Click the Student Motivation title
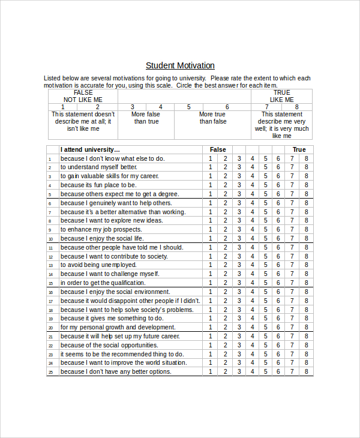click(180, 65)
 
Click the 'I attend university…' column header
click(90, 149)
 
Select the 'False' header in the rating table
click(218, 149)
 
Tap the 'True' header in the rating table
click(299, 149)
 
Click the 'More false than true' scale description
click(146, 118)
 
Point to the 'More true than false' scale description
click(212, 118)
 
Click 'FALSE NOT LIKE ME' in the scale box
click(83, 96)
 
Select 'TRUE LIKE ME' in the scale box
click(281, 96)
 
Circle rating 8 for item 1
click(306, 159)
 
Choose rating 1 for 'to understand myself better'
click(210, 167)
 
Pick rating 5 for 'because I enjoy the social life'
click(265, 238)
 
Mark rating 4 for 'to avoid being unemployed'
click(253, 265)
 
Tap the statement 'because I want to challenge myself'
click(101, 274)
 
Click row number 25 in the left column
click(52, 372)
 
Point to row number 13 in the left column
click(52, 265)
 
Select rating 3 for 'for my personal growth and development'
click(239, 328)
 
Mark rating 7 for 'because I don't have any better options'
click(292, 372)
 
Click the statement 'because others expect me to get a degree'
click(119, 194)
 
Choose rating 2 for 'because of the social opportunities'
click(225, 345)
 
